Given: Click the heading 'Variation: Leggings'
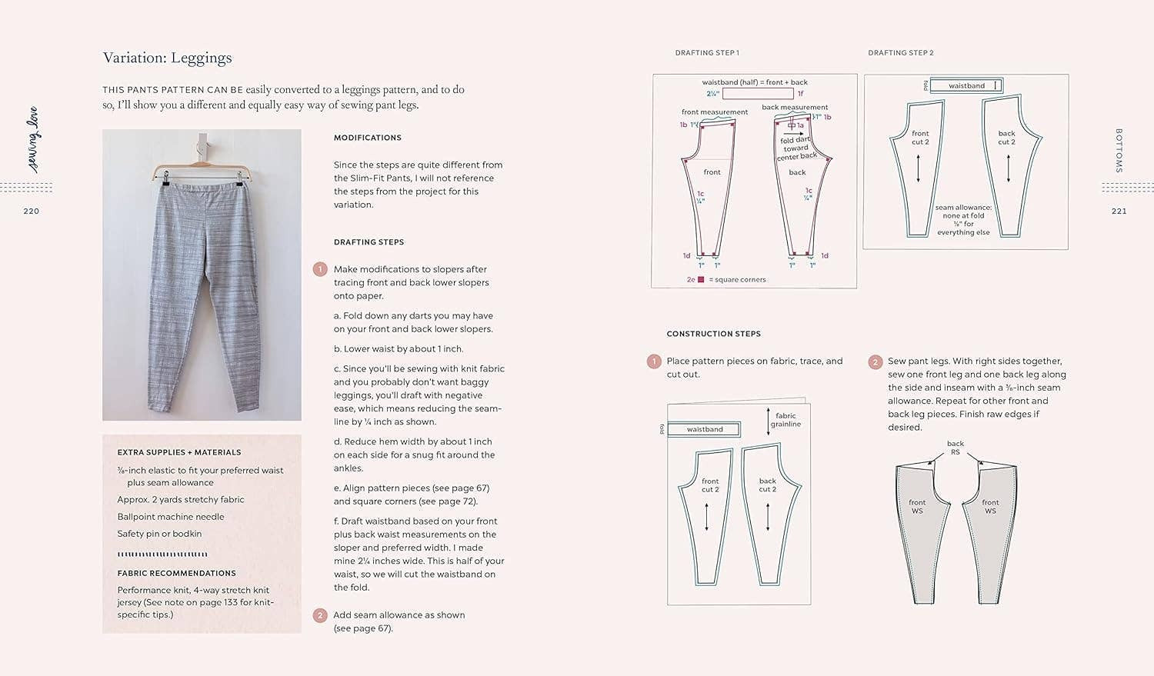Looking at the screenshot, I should point(167,58).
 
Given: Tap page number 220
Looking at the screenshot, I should point(31,211).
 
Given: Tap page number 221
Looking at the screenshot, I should point(1119,211).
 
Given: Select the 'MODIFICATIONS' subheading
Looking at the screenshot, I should point(367,138).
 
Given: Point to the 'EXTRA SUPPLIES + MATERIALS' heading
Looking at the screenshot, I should point(178,452).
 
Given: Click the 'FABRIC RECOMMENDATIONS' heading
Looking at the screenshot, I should point(176,573).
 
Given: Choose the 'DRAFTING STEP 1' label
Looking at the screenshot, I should point(706,53).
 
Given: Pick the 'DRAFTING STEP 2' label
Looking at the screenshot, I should point(900,53).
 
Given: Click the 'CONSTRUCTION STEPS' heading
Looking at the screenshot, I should point(713,334).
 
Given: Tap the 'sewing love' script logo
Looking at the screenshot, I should point(33,139).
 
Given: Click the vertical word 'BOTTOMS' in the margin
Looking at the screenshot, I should point(1119,151).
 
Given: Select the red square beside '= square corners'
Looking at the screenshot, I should point(701,280).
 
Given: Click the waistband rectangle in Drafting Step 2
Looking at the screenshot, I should point(966,85).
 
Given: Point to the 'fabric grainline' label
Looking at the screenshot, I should point(785,420).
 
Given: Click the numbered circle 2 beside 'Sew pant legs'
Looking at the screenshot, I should point(875,361).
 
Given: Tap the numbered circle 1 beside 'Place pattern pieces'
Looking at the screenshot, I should point(654,361).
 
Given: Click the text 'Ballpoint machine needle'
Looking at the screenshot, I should point(171,517).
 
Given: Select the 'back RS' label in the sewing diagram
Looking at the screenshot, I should point(955,448).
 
